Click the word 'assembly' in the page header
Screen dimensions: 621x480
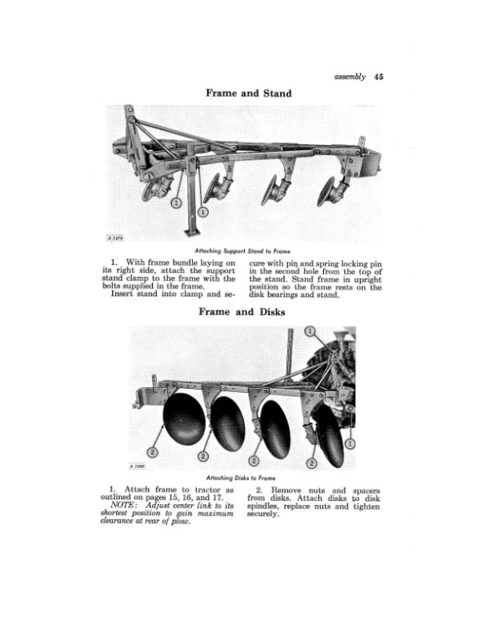point(346,78)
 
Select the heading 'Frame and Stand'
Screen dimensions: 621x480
point(249,94)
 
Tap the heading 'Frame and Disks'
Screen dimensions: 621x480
point(250,312)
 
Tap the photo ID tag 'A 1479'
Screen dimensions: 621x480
point(117,237)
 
